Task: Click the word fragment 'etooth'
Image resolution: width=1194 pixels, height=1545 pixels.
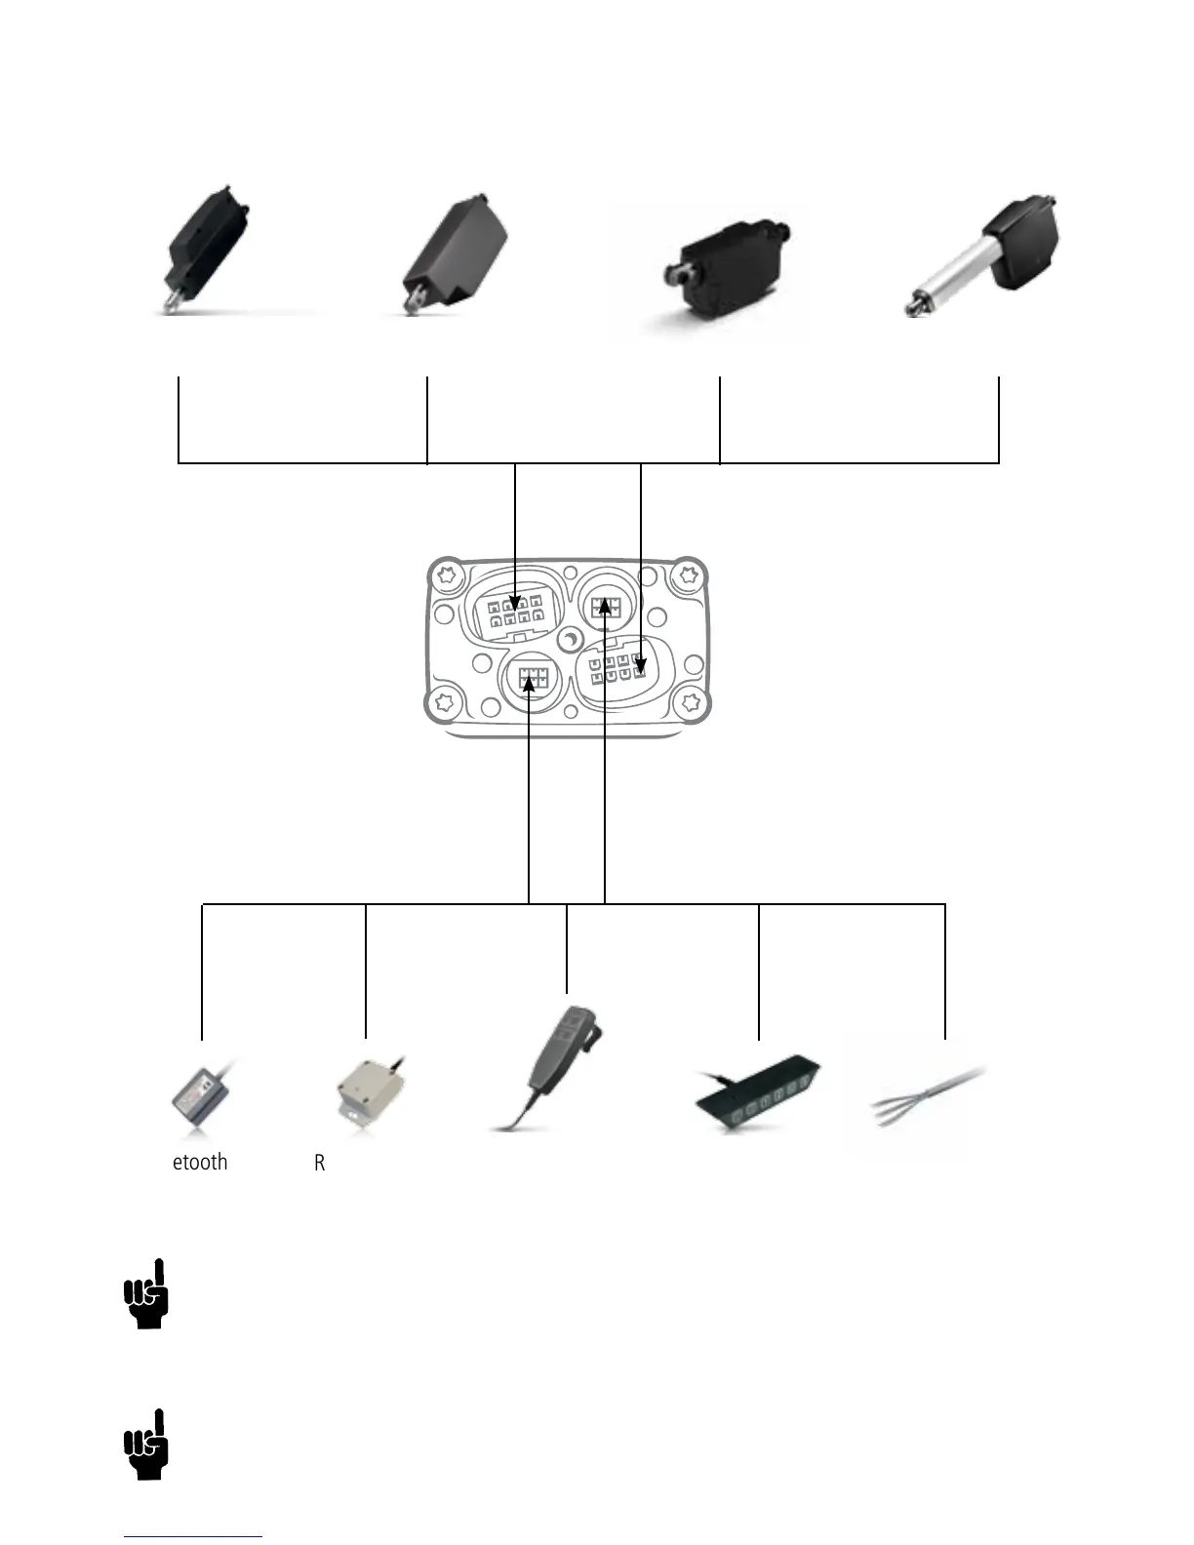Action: pyautogui.click(x=200, y=1163)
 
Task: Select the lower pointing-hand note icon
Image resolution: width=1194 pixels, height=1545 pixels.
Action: pyautogui.click(x=146, y=1445)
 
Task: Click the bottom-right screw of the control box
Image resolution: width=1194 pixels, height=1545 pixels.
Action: pyautogui.click(x=692, y=701)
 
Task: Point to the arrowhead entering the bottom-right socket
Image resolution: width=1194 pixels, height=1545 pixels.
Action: pyautogui.click(x=640, y=667)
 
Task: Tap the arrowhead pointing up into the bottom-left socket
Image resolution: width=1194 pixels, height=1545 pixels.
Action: pyautogui.click(x=529, y=683)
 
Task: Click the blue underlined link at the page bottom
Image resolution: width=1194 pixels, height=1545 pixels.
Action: pyautogui.click(x=193, y=1536)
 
